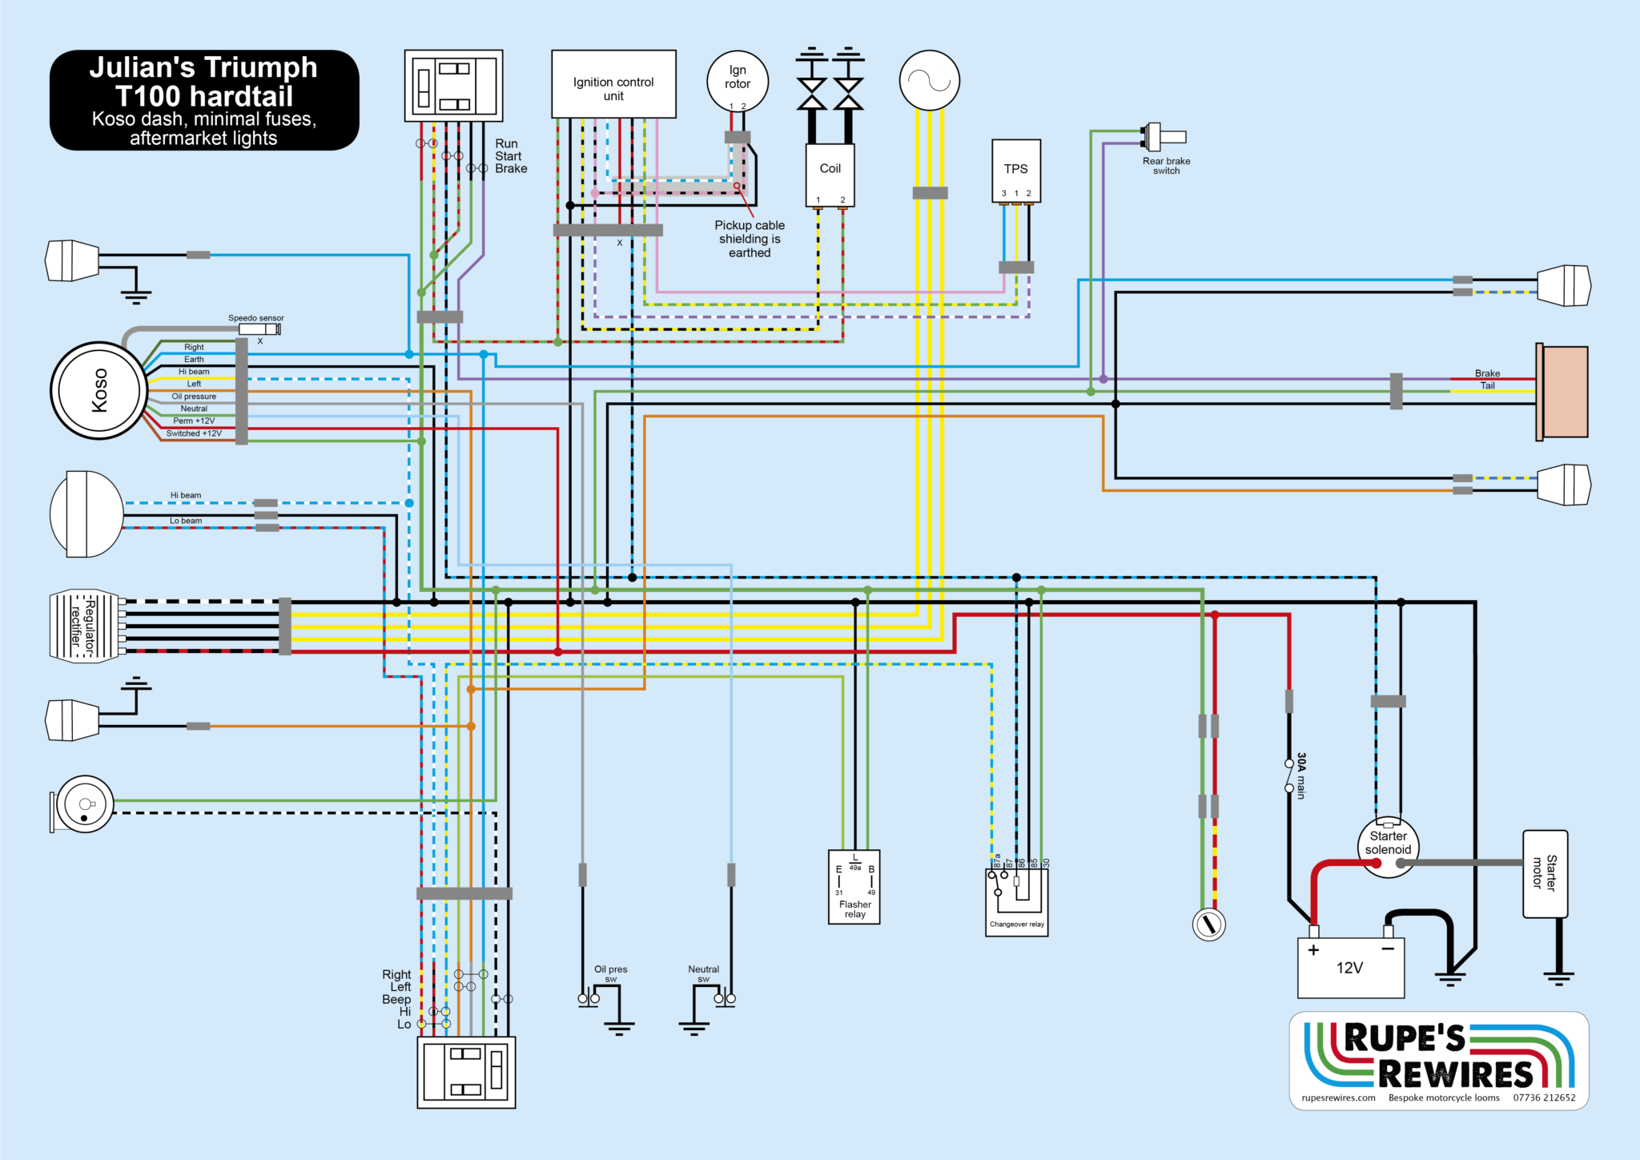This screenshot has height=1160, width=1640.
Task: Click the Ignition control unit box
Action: click(613, 84)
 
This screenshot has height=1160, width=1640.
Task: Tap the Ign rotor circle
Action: click(738, 81)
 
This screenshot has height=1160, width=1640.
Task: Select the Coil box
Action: click(830, 175)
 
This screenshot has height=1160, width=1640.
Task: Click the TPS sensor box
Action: click(1016, 170)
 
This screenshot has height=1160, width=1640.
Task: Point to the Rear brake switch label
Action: click(1166, 166)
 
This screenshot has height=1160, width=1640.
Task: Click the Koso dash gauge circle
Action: click(98, 391)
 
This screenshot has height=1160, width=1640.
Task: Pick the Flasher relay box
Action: click(854, 887)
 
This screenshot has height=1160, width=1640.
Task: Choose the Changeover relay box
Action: click(1017, 902)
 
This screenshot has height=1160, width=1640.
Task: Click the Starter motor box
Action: click(1545, 873)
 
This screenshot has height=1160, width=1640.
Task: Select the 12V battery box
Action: click(1351, 968)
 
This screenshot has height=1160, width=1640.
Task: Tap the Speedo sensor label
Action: click(255, 318)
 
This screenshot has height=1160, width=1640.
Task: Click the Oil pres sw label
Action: click(611, 973)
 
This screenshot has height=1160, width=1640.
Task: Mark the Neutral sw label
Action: click(704, 973)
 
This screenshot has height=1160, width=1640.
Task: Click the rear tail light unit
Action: click(1562, 392)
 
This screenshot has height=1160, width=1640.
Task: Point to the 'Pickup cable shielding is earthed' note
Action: click(750, 239)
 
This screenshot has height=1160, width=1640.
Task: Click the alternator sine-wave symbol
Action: click(930, 81)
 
